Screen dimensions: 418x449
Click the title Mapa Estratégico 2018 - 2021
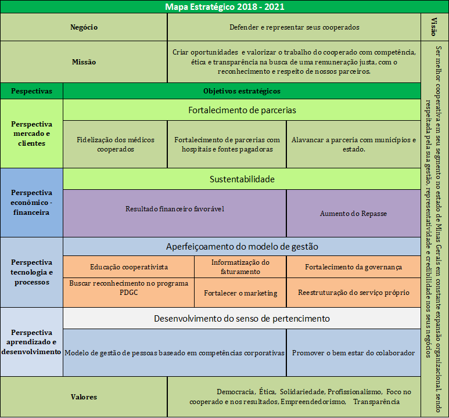pos(224,6)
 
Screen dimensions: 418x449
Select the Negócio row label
pos(84,27)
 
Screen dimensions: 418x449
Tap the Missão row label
pos(84,62)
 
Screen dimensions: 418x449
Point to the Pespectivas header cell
pos(31,91)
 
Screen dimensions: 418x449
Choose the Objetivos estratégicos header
pos(242,91)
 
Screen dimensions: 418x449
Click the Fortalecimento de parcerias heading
pos(242,110)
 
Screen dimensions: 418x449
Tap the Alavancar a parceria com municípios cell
pos(353,144)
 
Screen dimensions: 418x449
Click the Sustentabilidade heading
pos(242,179)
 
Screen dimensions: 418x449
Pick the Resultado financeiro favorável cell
pos(175,209)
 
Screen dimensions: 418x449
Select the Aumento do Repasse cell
pos(353,214)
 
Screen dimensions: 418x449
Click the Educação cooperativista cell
pos(129,267)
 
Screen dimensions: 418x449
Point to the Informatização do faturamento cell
pos(240,267)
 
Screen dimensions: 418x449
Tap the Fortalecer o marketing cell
pos(240,293)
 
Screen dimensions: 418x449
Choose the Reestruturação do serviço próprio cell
pos(353,293)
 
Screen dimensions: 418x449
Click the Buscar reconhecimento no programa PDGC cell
pos(129,288)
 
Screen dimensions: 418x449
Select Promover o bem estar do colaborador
pos(353,353)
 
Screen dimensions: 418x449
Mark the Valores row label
pos(84,397)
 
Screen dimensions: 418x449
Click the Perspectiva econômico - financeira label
pos(31,202)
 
